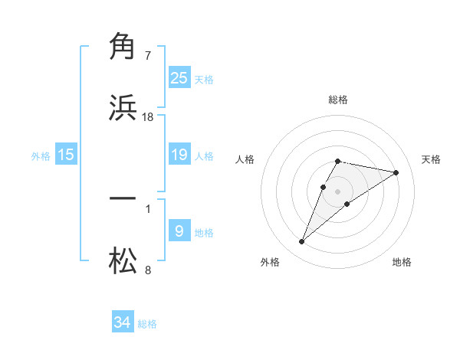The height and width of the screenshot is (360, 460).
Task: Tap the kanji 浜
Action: click(x=123, y=108)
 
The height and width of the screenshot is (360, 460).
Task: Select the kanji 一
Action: click(x=123, y=198)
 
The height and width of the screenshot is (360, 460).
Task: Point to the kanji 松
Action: click(x=123, y=262)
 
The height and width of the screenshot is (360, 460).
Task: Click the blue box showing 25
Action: click(x=179, y=77)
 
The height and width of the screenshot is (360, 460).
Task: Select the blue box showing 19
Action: click(x=179, y=155)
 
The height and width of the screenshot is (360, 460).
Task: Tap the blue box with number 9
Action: click(x=179, y=231)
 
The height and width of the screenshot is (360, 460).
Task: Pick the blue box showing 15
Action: click(x=66, y=155)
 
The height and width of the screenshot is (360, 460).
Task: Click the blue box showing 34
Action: click(x=123, y=322)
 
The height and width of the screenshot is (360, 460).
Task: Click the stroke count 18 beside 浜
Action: click(x=148, y=116)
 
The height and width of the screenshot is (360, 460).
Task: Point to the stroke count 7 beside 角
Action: click(x=148, y=55)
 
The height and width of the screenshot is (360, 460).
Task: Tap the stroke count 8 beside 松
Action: click(x=148, y=270)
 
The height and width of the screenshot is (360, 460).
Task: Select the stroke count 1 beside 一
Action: click(x=148, y=208)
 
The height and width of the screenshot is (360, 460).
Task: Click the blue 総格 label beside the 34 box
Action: click(x=147, y=324)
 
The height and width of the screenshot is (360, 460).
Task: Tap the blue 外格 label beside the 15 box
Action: click(x=41, y=156)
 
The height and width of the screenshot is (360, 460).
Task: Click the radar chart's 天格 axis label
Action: click(x=431, y=159)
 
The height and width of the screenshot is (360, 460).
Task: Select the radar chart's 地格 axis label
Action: click(x=402, y=262)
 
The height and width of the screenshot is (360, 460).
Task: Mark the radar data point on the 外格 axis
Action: click(x=301, y=242)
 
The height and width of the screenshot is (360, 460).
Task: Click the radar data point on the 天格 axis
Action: click(x=396, y=172)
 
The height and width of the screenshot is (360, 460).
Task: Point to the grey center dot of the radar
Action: click(x=338, y=191)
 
